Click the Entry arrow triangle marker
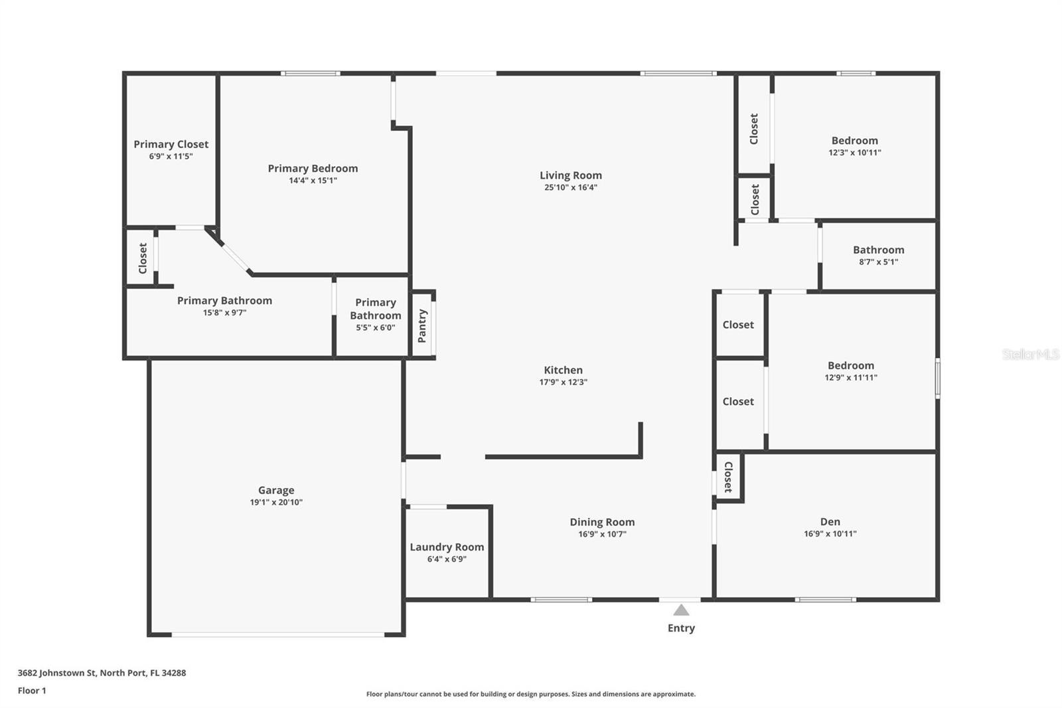[681, 610]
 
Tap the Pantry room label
[422, 326]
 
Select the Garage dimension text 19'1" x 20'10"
[276, 502]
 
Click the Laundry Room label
[447, 547]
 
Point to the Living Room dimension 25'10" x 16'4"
[571, 187]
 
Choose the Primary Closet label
[171, 144]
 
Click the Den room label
[830, 521]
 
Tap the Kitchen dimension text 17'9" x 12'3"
[564, 382]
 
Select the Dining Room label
[602, 522]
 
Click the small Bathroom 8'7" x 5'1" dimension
[879, 262]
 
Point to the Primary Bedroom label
[313, 169]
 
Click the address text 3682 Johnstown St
[57, 673]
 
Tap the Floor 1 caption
[32, 691]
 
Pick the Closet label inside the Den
[728, 477]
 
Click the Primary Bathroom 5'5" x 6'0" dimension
[376, 327]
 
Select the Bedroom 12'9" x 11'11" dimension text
[851, 377]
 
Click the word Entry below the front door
[681, 628]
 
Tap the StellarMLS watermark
[1029, 354]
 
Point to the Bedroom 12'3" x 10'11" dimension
[855, 152]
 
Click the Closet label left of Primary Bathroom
[143, 258]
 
